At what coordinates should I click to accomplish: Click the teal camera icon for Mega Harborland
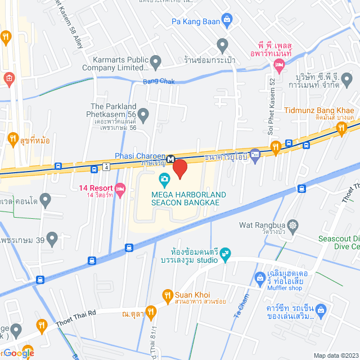pyautogui.click(x=165, y=180)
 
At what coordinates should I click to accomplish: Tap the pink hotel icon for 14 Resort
pyautogui.click(x=120, y=187)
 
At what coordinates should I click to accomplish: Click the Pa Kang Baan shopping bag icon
pyautogui.click(x=226, y=22)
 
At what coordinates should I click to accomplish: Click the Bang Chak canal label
pyautogui.click(x=159, y=82)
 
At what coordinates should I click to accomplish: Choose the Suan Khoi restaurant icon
pyautogui.click(x=167, y=295)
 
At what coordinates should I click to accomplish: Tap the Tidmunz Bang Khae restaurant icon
pyautogui.click(x=341, y=130)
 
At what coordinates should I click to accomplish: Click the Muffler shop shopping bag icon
pyautogui.click(x=260, y=277)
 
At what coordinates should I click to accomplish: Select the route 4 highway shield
pyautogui.click(x=106, y=166)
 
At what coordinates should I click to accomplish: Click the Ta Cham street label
pyautogui.click(x=240, y=308)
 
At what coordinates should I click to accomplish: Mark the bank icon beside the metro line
pyautogui.click(x=255, y=153)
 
